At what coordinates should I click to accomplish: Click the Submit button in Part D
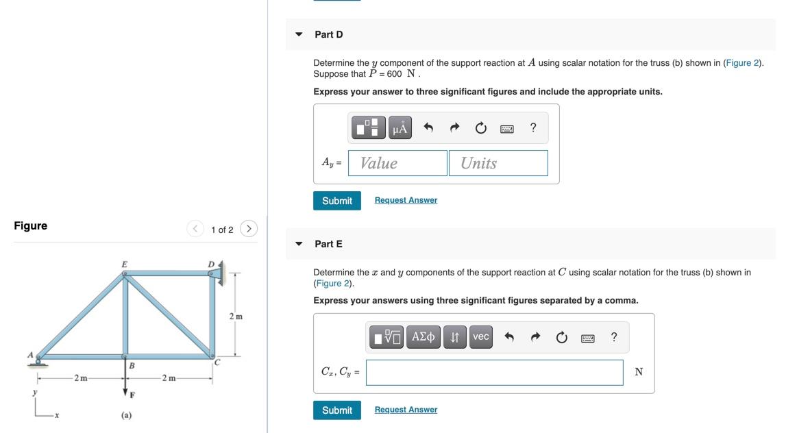[x=336, y=201]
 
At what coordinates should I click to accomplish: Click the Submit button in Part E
[x=336, y=410]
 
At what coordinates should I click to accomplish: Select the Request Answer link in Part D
[x=406, y=200]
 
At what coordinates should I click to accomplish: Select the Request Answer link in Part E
[x=406, y=410]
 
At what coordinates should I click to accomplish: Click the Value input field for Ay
[x=397, y=163]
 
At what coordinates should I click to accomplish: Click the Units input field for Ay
[x=498, y=163]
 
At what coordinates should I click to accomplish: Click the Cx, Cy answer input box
[x=494, y=372]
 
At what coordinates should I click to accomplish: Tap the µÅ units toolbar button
[x=400, y=128]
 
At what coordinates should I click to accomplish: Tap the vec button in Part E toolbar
[x=481, y=337]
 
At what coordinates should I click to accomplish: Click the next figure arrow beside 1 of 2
[x=249, y=229]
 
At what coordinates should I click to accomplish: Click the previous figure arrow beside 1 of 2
[x=196, y=229]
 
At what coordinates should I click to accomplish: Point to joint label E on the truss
[x=124, y=263]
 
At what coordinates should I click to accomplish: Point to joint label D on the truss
[x=211, y=264]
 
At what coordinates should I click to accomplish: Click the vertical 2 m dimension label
[x=236, y=317]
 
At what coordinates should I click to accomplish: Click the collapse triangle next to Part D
[x=299, y=34]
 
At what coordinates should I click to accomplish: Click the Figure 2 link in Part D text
[x=743, y=63]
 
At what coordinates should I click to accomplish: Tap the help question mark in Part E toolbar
[x=613, y=337]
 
